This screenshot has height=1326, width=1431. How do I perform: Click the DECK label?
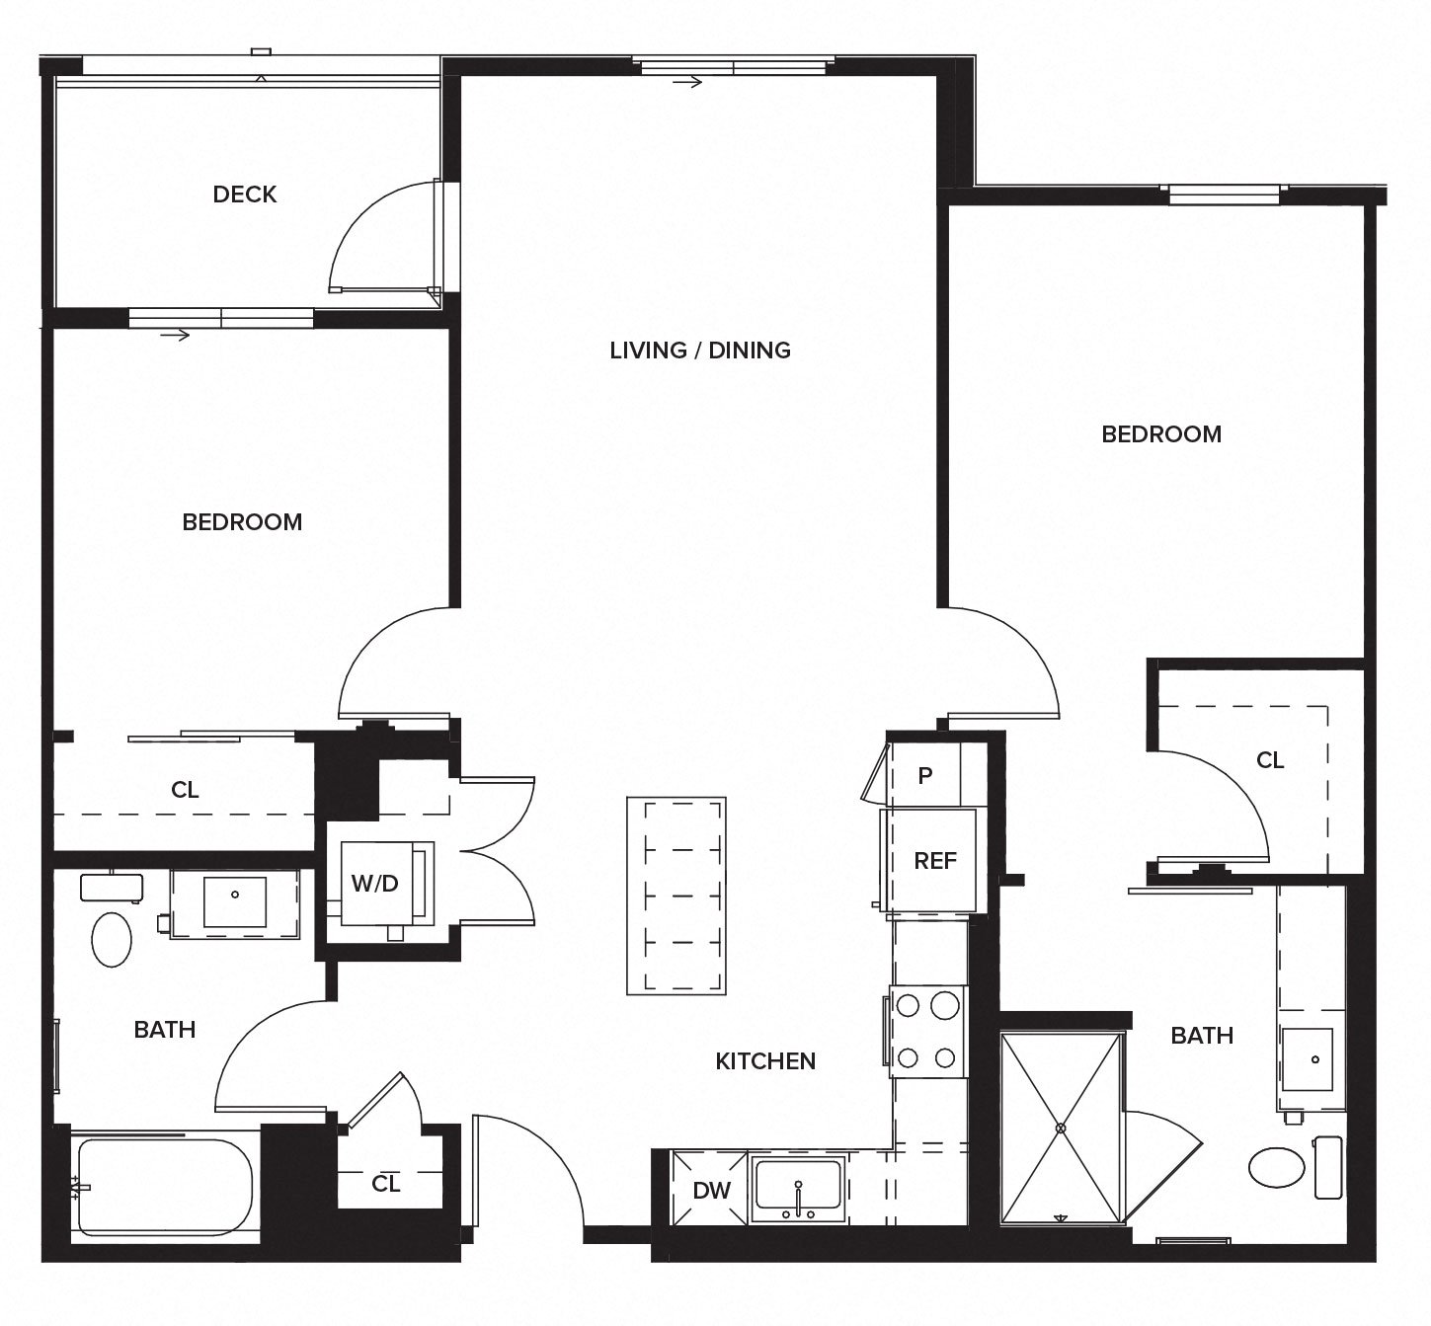(245, 195)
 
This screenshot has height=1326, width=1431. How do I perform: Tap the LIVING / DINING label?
(700, 351)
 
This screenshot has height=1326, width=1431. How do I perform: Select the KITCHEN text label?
(765, 1061)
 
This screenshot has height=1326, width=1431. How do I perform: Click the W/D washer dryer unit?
(376, 884)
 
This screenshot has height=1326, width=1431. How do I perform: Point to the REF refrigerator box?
(933, 860)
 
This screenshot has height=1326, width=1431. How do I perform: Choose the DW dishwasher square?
(710, 1190)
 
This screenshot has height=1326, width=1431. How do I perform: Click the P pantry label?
(924, 776)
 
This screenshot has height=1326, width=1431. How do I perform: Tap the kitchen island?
(676, 896)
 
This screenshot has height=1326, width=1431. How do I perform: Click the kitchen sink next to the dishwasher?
(798, 1189)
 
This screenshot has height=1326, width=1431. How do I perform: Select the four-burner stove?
(927, 1032)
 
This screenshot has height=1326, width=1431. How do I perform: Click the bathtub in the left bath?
(163, 1186)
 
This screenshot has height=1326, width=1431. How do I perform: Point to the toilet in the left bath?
(112, 939)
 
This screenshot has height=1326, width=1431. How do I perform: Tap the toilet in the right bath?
(1277, 1167)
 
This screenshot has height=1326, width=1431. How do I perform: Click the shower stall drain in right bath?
(1062, 1128)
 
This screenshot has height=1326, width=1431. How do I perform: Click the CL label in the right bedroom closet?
(1270, 760)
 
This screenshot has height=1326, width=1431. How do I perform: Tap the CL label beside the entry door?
(386, 1183)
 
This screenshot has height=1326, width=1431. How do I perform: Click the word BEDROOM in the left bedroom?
(242, 522)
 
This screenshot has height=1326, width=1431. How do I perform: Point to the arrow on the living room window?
(688, 82)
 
